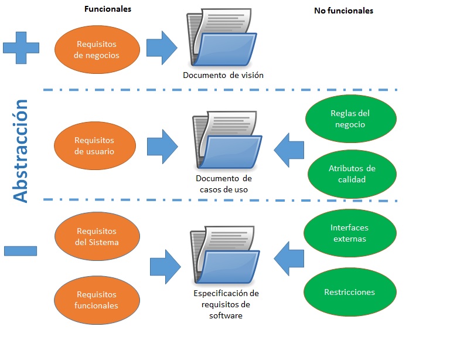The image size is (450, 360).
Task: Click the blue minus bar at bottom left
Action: (21, 250)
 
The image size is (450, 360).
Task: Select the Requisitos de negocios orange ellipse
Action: (97, 50)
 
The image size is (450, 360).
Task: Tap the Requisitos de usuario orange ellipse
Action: (94, 146)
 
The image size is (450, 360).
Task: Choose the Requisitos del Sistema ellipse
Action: (97, 237)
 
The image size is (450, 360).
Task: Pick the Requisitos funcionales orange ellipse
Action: (97, 300)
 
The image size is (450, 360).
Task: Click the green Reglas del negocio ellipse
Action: (350, 119)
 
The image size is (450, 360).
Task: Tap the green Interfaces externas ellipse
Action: (350, 233)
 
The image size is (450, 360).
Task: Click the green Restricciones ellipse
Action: (350, 292)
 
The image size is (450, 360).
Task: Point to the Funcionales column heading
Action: (108, 9)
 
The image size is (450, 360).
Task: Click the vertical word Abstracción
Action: (21, 151)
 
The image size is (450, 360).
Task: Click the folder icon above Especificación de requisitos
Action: (226, 256)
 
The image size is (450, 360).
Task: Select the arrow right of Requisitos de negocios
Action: (161, 48)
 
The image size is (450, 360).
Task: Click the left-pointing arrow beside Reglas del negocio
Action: (289, 149)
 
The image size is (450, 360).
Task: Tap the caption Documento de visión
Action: (223, 75)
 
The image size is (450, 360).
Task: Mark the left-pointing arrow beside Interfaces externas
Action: (289, 258)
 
